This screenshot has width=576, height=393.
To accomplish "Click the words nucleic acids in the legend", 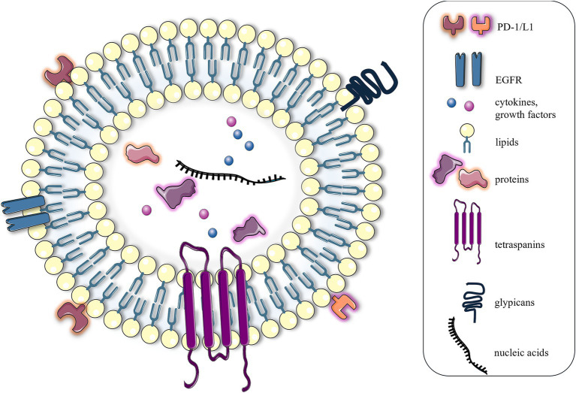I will tap(520, 355).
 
